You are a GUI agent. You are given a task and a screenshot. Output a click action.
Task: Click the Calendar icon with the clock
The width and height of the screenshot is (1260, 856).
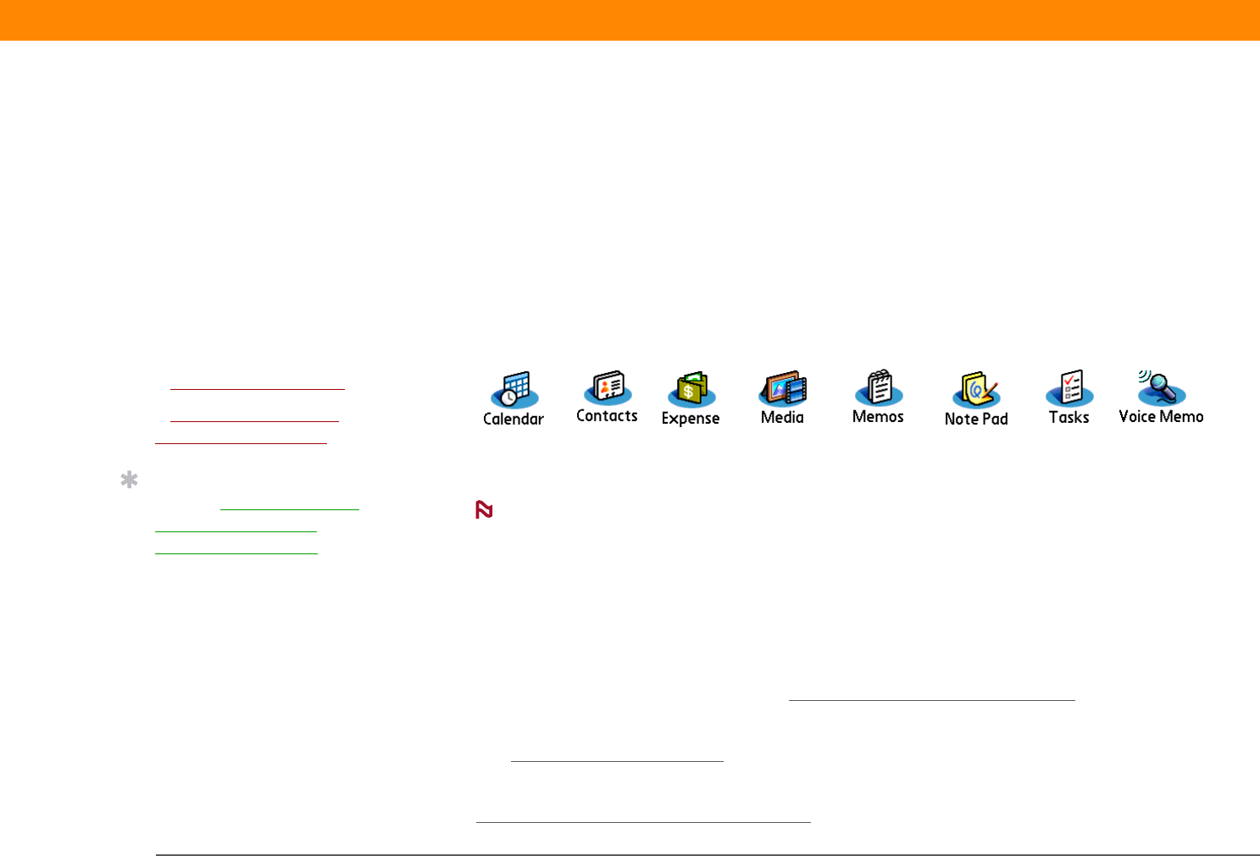pyautogui.click(x=514, y=390)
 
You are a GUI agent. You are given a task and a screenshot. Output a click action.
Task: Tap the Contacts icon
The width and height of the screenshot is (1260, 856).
pyautogui.click(x=608, y=388)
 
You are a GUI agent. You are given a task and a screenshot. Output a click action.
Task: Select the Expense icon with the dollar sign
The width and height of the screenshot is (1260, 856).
pyautogui.click(x=691, y=390)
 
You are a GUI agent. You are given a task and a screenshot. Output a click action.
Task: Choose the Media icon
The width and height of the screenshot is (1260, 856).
pyautogui.click(x=783, y=389)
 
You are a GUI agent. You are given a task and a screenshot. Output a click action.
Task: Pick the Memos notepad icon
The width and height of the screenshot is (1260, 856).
pyautogui.click(x=879, y=388)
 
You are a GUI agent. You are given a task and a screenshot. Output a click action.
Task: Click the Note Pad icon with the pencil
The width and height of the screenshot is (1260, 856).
pyautogui.click(x=976, y=390)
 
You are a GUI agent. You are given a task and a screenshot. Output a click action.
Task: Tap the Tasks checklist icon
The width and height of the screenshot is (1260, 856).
pyautogui.click(x=1069, y=388)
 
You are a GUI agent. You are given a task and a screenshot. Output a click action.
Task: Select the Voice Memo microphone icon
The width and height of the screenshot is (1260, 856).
pyautogui.click(x=1161, y=388)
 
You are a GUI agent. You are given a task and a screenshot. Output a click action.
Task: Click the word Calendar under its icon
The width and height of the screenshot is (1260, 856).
pyautogui.click(x=513, y=419)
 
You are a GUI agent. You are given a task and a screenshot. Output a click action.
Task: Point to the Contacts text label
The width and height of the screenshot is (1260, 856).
pyautogui.click(x=607, y=415)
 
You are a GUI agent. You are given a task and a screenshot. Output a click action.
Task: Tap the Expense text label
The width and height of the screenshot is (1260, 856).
pyautogui.click(x=691, y=419)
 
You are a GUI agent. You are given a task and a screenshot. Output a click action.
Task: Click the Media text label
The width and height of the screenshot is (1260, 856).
pyautogui.click(x=782, y=417)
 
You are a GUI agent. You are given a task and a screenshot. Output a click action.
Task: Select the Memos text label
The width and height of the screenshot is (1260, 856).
pyautogui.click(x=878, y=416)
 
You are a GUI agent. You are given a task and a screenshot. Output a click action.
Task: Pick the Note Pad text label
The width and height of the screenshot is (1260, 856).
pyautogui.click(x=976, y=419)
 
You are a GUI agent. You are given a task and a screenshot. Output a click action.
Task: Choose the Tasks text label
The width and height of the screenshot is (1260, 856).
pyautogui.click(x=1069, y=417)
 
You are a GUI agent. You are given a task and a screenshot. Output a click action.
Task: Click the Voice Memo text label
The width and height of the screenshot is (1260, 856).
pyautogui.click(x=1161, y=416)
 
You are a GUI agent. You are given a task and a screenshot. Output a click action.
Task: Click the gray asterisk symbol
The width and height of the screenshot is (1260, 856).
pyautogui.click(x=129, y=481)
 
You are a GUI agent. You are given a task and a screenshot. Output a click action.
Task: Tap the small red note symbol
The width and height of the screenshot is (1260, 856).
pyautogui.click(x=484, y=509)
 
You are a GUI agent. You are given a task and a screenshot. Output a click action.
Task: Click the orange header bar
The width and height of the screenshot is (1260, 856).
pyautogui.click(x=630, y=19)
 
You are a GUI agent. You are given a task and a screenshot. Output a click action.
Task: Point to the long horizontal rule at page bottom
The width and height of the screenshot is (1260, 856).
pyautogui.click(x=708, y=854)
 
